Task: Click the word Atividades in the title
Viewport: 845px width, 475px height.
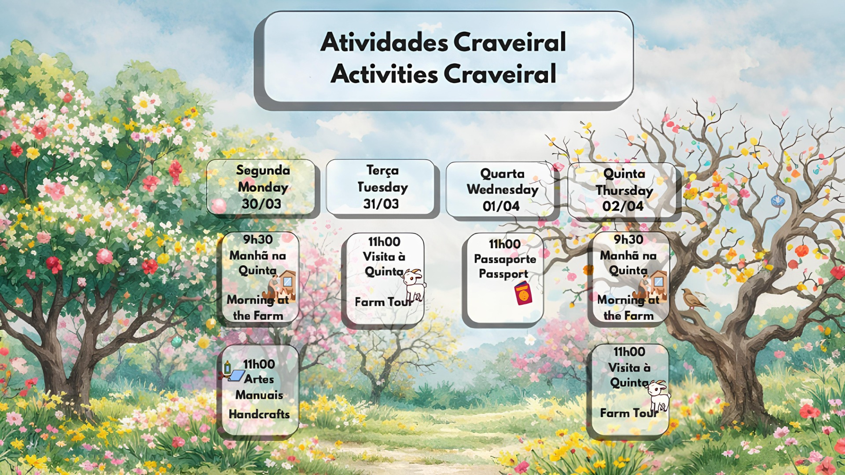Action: coord(384,42)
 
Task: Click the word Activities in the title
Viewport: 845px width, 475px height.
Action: coord(384,73)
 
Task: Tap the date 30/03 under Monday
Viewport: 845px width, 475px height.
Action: coord(261,204)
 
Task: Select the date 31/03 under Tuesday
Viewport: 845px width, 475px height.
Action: coord(381,204)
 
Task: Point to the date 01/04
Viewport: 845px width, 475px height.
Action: coord(501,206)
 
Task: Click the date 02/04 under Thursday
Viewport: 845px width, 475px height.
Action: coord(623,206)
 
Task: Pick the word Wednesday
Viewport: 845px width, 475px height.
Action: coord(503,189)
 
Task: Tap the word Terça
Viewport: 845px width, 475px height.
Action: coord(382,170)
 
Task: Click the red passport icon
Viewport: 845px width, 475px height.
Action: coord(523,293)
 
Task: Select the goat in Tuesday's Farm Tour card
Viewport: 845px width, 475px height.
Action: coord(414,286)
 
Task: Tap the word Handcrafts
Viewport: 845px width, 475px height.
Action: coord(259,414)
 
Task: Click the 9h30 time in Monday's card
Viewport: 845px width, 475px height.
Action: coord(258,239)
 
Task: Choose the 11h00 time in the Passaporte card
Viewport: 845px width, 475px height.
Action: coord(505,244)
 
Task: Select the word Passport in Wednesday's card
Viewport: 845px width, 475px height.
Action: coord(503,274)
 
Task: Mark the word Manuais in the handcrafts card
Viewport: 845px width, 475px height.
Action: coord(259,395)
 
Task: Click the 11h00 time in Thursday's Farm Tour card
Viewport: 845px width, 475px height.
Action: coord(629,351)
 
